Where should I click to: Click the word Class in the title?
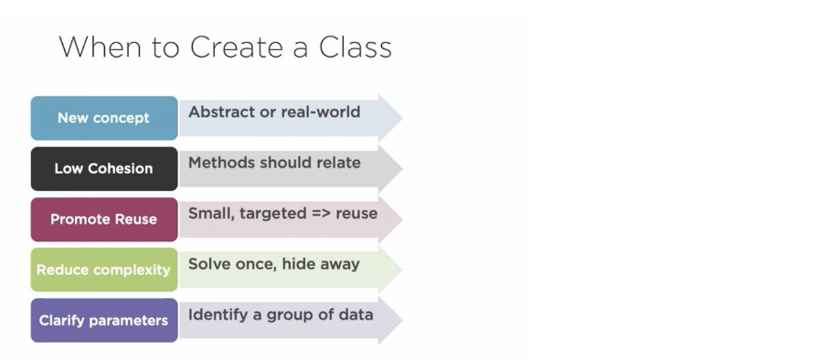coord(356,48)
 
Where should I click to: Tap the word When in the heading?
coord(101,48)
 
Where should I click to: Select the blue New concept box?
coord(104,118)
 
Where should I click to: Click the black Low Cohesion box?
coord(104,168)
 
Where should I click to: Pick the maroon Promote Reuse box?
coord(104,219)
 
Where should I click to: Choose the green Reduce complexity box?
coord(104,270)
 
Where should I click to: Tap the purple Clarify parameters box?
coord(104,321)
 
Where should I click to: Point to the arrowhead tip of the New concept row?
coord(402,118)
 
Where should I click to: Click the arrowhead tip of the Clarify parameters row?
coord(402,321)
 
